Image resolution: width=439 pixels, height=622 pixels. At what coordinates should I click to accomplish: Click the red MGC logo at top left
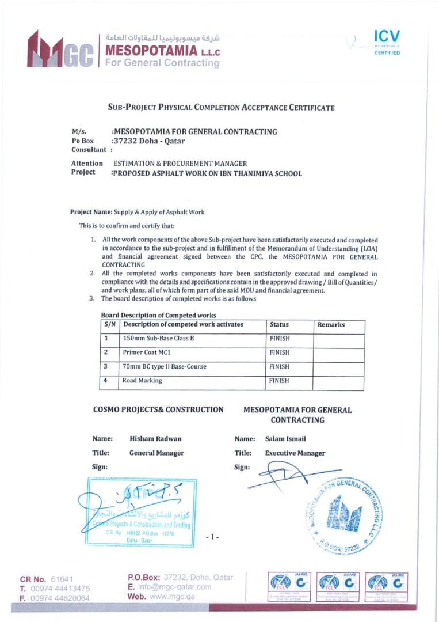59,50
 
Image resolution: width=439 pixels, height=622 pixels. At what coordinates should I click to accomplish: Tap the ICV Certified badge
386,42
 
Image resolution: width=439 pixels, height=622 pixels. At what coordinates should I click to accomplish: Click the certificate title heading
221,107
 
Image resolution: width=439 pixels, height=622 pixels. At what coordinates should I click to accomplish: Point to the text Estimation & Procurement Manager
180,164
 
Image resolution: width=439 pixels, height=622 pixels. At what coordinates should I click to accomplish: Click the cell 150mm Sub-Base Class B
158,339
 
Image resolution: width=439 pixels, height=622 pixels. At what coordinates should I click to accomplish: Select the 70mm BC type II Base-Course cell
164,366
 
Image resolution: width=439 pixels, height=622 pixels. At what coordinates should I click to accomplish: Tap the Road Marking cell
142,381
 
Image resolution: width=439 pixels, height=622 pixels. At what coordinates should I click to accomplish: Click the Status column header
279,325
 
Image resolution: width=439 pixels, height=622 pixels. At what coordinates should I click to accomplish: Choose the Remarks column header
331,325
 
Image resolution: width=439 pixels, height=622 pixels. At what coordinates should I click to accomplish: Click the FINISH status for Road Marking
280,381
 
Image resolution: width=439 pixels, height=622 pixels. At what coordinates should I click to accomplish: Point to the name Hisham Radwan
155,439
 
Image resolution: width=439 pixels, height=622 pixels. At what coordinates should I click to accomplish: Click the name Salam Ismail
285,439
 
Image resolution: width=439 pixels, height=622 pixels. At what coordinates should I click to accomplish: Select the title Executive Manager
295,453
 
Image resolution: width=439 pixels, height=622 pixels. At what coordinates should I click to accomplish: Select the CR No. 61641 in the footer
47,579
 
